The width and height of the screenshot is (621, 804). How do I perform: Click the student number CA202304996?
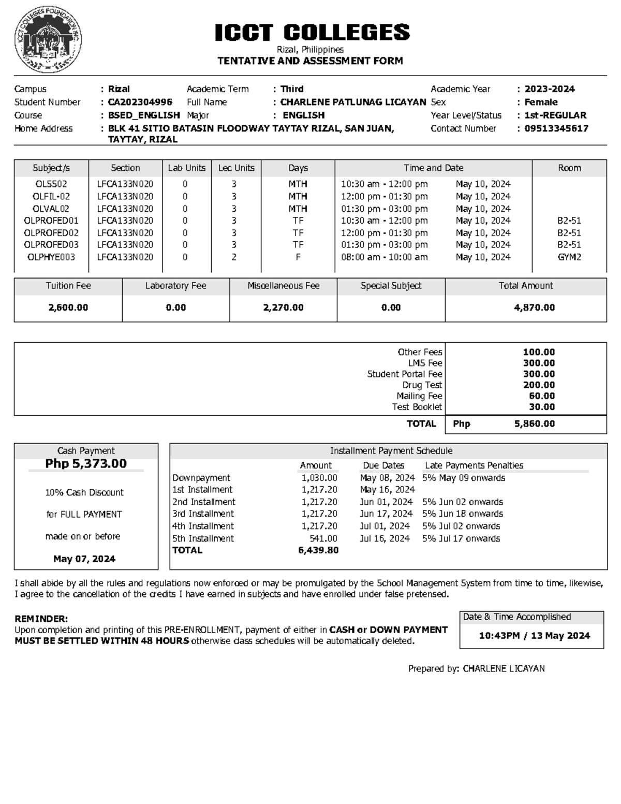(140, 102)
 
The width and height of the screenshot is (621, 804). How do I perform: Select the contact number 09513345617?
(556, 128)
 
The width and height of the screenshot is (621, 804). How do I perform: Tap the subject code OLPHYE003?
(51, 257)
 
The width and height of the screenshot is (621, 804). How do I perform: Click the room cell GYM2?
(569, 257)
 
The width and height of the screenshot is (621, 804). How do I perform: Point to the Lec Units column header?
(236, 168)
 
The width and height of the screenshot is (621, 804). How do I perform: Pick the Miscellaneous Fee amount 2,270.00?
(283, 308)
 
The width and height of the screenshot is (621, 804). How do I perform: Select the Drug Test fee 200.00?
(538, 385)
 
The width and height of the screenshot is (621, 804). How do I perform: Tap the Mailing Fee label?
(419, 396)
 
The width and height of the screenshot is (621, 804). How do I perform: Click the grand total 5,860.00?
(534, 423)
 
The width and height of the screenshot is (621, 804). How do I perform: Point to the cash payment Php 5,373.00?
(86, 463)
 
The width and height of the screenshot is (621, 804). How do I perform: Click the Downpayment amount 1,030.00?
(319, 478)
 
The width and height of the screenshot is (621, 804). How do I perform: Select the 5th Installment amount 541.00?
(323, 538)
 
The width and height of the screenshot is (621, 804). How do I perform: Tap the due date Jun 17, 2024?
(386, 514)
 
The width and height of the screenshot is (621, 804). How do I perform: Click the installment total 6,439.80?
(318, 550)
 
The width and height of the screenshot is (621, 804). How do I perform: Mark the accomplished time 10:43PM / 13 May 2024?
(534, 635)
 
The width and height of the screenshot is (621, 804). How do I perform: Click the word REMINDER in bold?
(41, 619)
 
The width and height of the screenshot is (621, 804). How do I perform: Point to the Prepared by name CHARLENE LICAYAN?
(503, 668)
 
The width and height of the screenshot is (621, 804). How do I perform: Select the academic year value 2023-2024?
(549, 89)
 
